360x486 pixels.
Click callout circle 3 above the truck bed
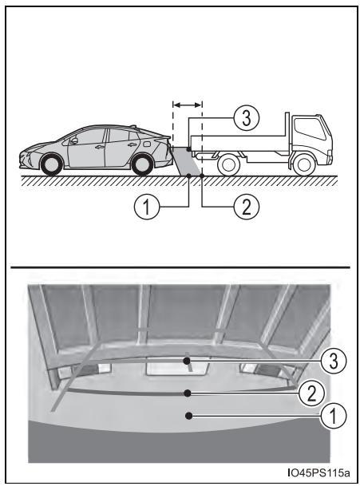(246, 118)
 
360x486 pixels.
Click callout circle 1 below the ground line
(146, 207)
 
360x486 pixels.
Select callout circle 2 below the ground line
(247, 207)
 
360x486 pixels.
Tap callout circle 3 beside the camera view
(334, 361)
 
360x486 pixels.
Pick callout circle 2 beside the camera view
(311, 393)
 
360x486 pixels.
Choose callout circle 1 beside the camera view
(334, 416)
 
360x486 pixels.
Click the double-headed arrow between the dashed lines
(188, 105)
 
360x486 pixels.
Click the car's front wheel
(51, 164)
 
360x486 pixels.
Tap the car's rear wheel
(142, 164)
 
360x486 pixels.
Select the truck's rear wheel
(229, 164)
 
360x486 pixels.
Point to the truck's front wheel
(304, 164)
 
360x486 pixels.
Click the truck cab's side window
(310, 128)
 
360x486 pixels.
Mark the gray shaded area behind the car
(186, 160)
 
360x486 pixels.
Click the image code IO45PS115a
(318, 473)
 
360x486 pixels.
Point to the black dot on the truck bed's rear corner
(188, 149)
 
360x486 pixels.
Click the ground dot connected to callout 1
(188, 176)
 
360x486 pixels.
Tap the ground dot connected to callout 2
(202, 176)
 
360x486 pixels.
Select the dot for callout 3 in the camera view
(187, 361)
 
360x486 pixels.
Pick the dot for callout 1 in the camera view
(188, 415)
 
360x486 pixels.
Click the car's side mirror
(74, 140)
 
